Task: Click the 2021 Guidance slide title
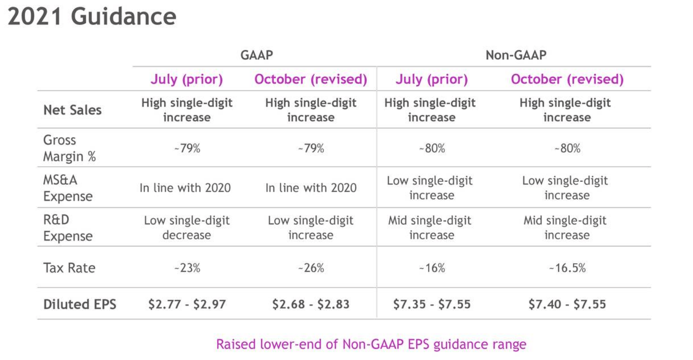tap(92, 17)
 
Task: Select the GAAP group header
tap(257, 55)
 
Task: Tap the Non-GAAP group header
tap(516, 55)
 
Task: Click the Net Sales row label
tap(72, 110)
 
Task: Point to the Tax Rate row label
tap(69, 267)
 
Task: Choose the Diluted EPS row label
tap(80, 304)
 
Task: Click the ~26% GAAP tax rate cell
tap(311, 267)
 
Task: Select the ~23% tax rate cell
tap(187, 267)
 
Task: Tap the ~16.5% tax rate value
tap(567, 267)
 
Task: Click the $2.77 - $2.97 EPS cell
tap(187, 304)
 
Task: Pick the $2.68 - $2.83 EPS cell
tap(311, 304)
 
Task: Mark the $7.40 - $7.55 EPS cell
tap(567, 304)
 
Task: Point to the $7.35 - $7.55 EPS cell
tap(431, 304)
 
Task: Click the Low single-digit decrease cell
tap(187, 227)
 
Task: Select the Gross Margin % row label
tap(69, 148)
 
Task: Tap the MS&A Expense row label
tap(68, 188)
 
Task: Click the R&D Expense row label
tap(68, 227)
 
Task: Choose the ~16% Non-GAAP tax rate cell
tap(432, 267)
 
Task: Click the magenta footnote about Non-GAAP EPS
tap(371, 344)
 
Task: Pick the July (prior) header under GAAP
tap(187, 79)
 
